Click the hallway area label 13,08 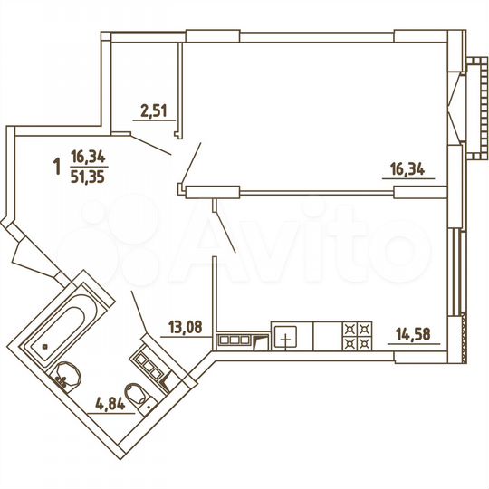click(186, 330)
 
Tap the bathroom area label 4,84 click(110, 404)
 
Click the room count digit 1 click(58, 166)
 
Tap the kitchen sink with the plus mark click(286, 337)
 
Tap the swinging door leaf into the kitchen click(225, 227)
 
